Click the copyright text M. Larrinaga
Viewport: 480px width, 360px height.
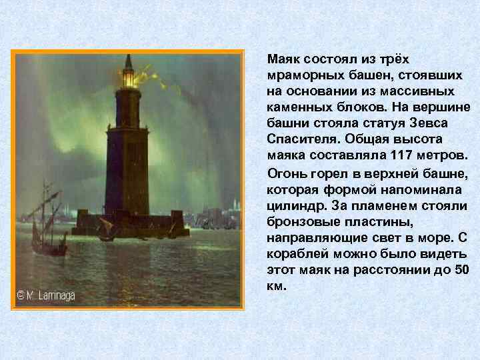[46, 295]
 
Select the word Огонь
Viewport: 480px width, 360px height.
[284, 173]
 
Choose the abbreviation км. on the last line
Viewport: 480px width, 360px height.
[276, 285]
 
